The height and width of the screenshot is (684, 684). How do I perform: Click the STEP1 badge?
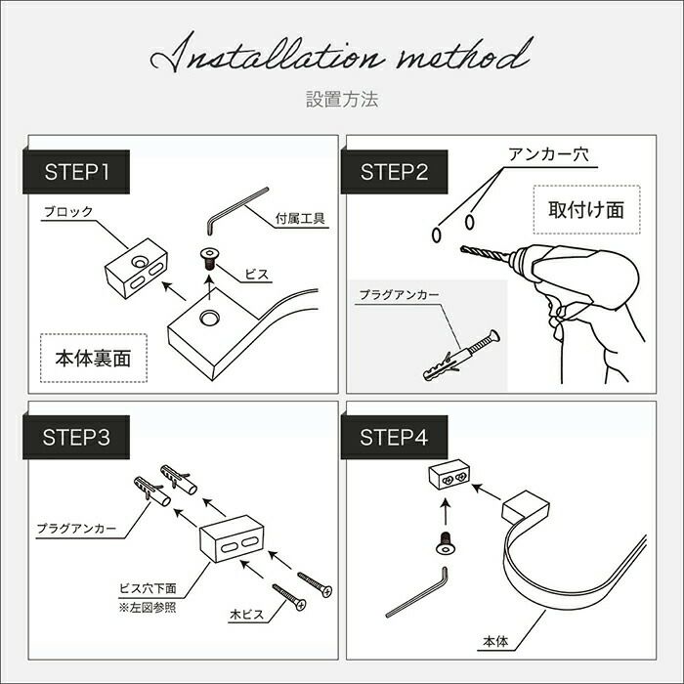tap(76, 172)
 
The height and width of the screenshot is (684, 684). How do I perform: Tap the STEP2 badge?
tap(395, 172)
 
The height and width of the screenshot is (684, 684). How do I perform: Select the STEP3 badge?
tap(76, 437)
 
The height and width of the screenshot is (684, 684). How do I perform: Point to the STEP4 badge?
tap(395, 437)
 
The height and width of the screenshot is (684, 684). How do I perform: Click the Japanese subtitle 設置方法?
tap(342, 100)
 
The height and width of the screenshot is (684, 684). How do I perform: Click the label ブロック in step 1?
tap(69, 212)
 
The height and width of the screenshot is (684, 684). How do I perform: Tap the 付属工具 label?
tap(300, 219)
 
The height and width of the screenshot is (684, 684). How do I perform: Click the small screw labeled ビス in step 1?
tap(209, 258)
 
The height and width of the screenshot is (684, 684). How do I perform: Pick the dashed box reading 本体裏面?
tap(94, 359)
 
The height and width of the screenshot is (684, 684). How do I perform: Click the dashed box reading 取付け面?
tap(586, 210)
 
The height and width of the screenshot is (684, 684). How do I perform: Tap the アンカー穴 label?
tap(548, 154)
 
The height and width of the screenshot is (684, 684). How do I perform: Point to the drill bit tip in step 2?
tap(462, 248)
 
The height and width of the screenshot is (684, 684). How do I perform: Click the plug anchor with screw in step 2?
tap(461, 356)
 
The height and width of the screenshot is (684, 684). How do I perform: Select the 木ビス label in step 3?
tap(247, 615)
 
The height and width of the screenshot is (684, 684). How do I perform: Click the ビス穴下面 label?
tap(148, 588)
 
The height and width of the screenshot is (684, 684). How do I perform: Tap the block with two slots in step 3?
tap(233, 539)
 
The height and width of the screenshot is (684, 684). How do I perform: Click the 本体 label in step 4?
tap(495, 642)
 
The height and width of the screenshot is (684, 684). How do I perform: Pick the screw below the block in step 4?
tap(445, 543)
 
